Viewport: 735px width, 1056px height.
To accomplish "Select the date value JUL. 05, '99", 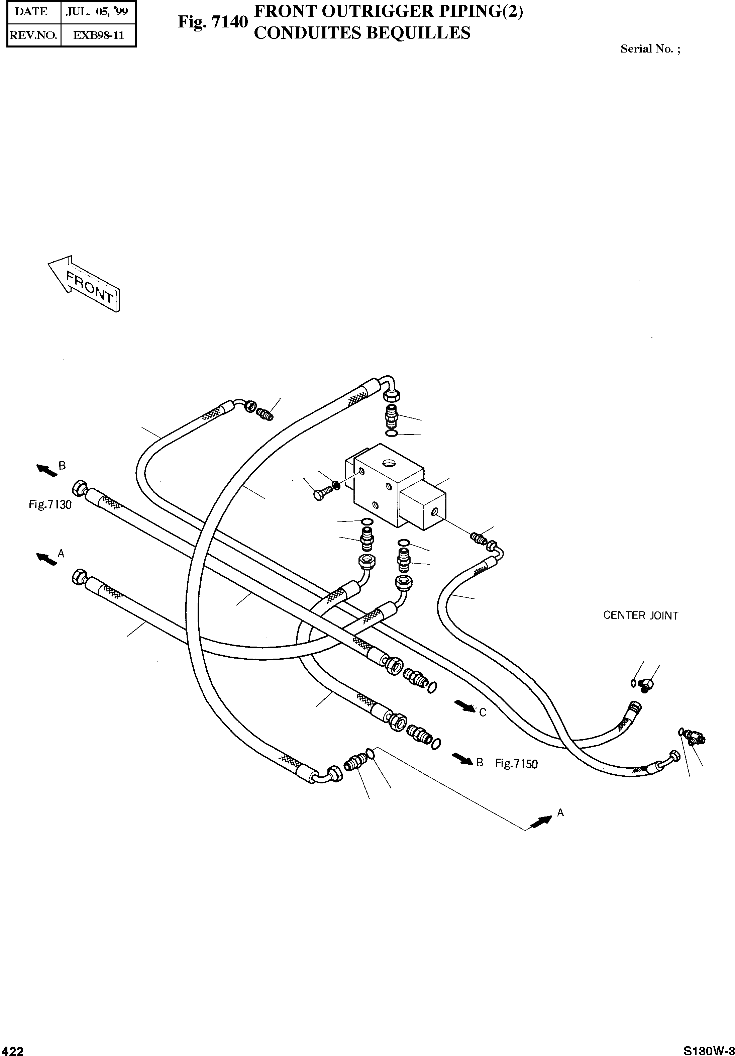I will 97,12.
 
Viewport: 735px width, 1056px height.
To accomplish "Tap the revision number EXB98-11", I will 98,35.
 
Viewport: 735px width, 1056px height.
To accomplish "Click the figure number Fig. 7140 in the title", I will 213,22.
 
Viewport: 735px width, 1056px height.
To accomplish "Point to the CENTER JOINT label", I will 640,615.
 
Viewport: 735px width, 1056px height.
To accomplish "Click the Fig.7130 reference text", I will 50,504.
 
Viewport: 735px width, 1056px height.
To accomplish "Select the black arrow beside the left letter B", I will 47,470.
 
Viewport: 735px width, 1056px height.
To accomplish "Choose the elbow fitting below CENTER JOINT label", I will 646,686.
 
